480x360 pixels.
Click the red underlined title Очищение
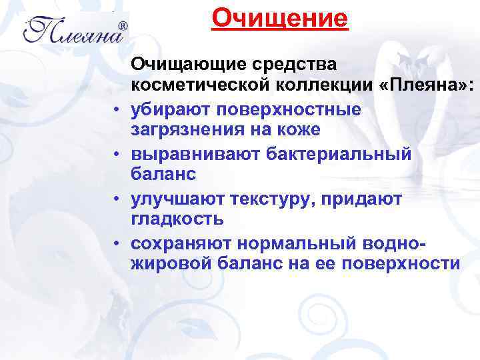tap(280, 18)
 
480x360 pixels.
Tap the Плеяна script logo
tap(71, 30)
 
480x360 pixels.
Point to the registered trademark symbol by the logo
tap(122, 27)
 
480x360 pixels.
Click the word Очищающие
tap(189, 65)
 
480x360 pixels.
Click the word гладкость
tap(177, 219)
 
